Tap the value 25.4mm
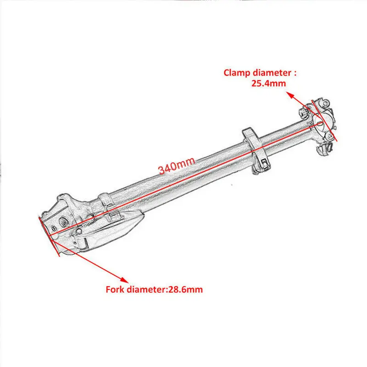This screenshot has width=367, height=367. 268,83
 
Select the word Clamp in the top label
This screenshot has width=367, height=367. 235,73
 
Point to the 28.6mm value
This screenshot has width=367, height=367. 187,289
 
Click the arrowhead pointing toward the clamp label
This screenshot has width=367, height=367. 289,94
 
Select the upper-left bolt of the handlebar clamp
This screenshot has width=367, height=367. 305,111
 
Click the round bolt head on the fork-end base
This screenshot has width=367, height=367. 61,222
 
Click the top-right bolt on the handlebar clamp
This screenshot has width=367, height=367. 325,100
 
